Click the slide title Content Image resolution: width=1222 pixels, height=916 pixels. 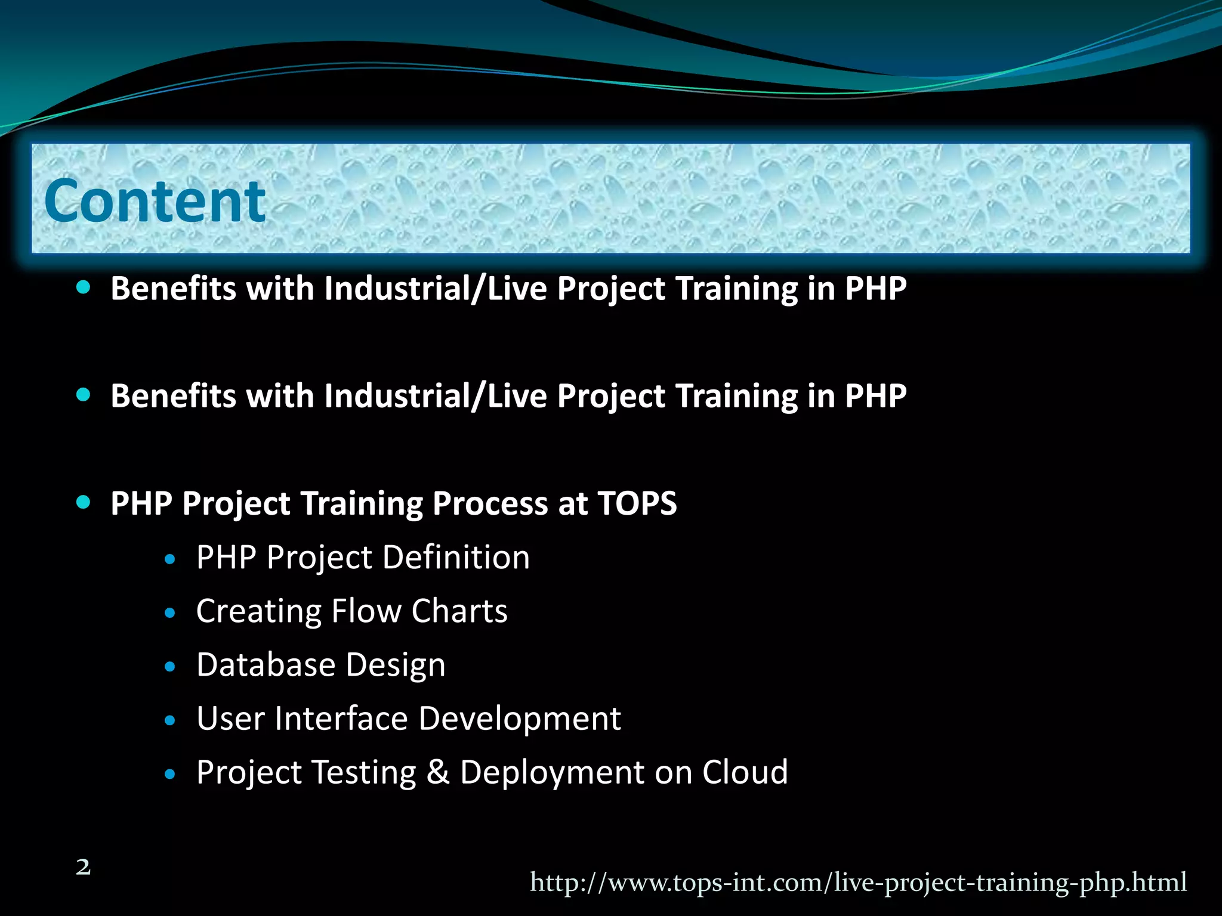(x=155, y=202)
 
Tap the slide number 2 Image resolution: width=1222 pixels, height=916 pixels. (x=84, y=867)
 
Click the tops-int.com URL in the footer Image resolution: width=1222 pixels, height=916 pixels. (x=858, y=882)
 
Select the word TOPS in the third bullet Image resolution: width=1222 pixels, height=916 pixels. (x=637, y=503)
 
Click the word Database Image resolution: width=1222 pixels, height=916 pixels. (x=266, y=665)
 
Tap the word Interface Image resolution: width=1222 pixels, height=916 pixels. (x=341, y=719)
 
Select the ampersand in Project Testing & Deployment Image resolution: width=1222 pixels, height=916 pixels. (x=438, y=772)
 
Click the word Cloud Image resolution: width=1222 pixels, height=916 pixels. (x=745, y=772)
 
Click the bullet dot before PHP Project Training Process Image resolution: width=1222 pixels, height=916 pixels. (x=84, y=503)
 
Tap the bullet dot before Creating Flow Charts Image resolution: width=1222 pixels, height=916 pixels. (x=170, y=613)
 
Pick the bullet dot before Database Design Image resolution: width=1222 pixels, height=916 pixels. (x=170, y=667)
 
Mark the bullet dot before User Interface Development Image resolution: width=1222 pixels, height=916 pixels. (x=170, y=720)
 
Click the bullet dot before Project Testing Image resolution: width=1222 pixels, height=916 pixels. (x=170, y=774)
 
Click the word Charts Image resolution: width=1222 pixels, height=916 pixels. (x=459, y=611)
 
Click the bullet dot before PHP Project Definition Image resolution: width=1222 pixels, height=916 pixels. (x=170, y=559)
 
